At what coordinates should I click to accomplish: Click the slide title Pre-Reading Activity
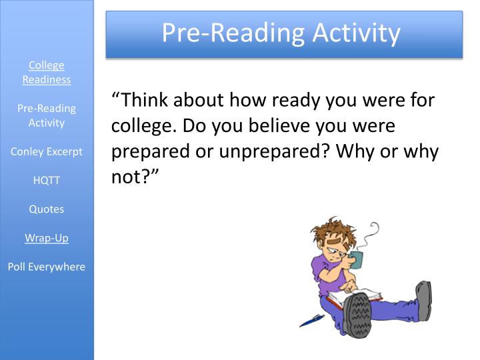point(281,32)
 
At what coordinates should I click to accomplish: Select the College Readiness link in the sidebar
point(47,72)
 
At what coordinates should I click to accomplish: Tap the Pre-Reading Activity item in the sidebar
point(47,115)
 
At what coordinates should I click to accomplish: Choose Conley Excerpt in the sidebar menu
point(47,151)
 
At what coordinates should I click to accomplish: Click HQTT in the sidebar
point(47,180)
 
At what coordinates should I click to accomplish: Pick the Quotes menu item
point(47,209)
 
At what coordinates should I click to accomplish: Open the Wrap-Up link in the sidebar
point(47,237)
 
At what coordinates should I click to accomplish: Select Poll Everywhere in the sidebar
point(47,267)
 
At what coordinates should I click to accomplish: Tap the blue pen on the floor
point(311,321)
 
